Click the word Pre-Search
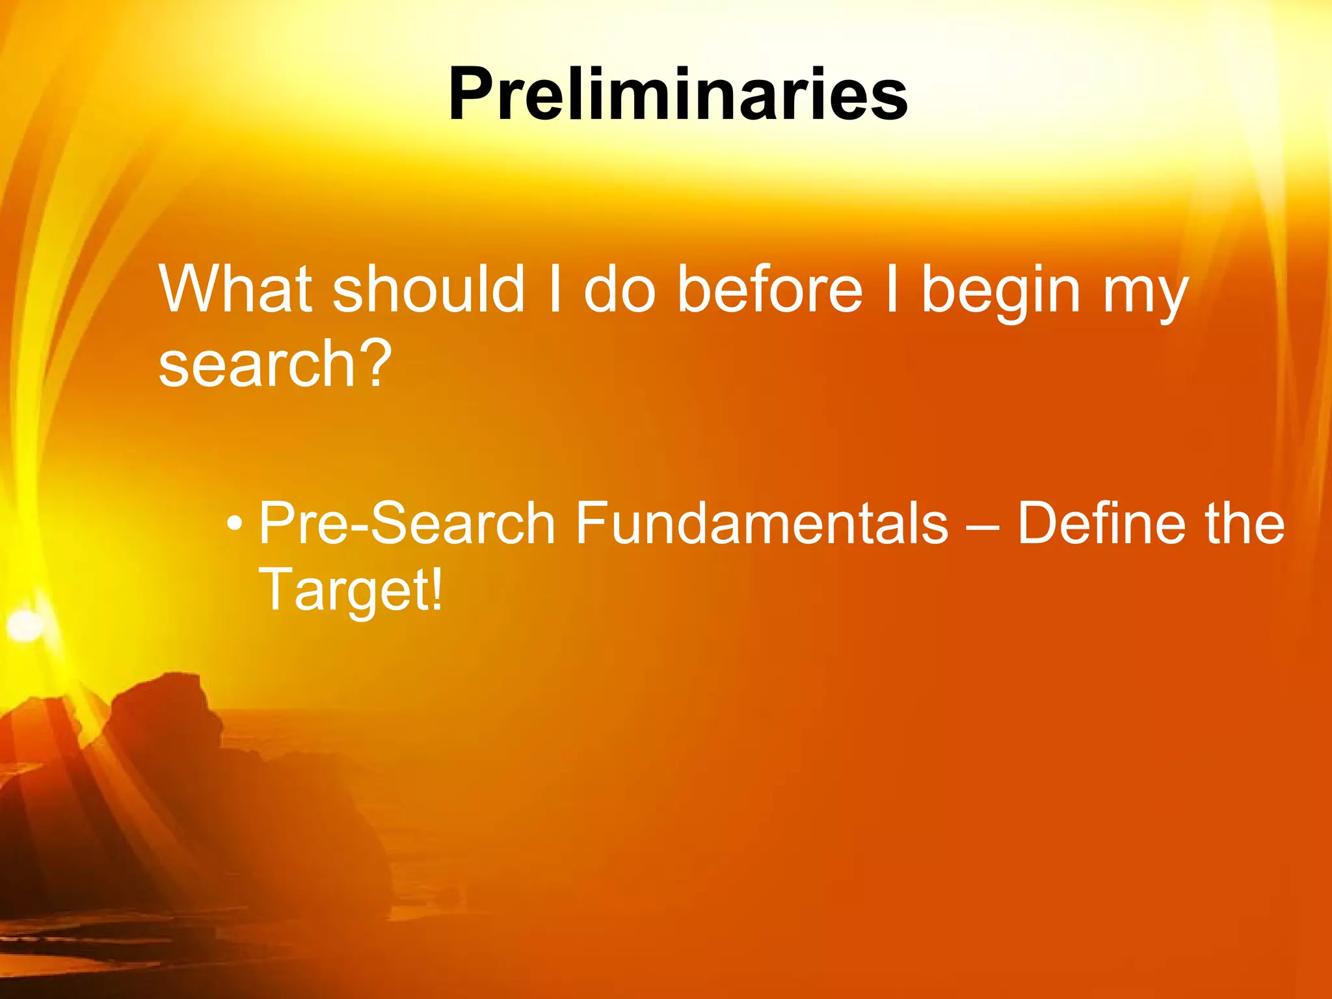click(x=407, y=523)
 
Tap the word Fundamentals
click(x=761, y=523)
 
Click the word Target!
click(x=350, y=589)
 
